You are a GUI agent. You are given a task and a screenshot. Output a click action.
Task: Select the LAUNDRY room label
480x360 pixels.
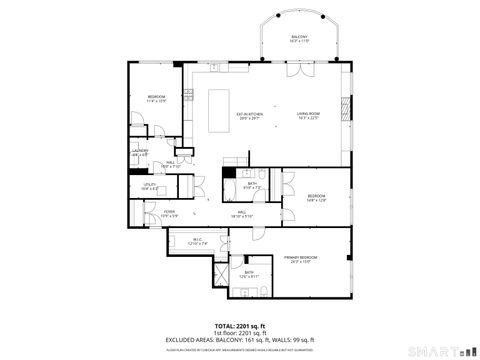140,153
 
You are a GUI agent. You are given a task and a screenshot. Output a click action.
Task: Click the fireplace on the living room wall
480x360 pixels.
347,105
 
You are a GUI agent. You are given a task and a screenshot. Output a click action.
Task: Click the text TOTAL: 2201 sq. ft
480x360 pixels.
240,326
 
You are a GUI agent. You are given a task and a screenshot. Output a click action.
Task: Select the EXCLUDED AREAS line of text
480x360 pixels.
240,340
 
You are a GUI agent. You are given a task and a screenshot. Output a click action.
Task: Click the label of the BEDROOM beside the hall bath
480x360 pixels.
316,196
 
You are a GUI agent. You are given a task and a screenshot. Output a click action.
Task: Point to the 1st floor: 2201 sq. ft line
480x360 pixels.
240,333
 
